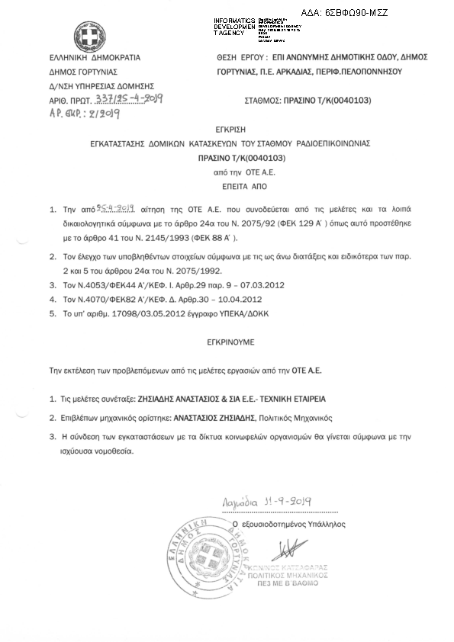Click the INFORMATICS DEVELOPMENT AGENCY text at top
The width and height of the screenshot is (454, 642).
234,26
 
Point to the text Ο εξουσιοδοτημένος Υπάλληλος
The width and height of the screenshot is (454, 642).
293,525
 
